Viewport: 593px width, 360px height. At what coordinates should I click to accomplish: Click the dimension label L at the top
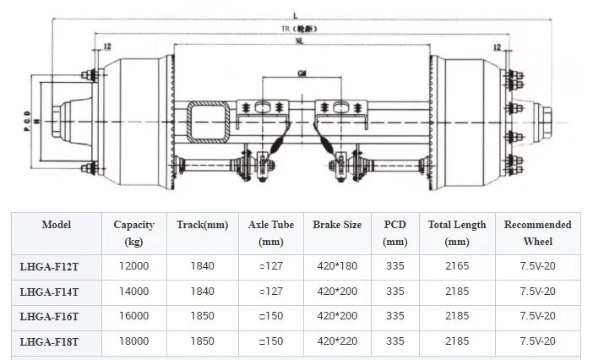[x=296, y=16]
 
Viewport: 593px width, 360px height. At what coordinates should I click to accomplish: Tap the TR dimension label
[x=286, y=29]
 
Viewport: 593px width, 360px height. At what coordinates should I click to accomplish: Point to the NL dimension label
[x=300, y=41]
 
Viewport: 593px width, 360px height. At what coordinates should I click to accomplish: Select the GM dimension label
[x=302, y=74]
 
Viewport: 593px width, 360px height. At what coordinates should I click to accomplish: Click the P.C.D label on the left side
[x=27, y=121]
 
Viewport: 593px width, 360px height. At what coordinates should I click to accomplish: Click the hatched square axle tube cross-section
[x=209, y=122]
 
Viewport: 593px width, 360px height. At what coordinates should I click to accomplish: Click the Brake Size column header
[x=337, y=225]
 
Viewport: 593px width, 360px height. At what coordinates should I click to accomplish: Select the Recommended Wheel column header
[x=537, y=233]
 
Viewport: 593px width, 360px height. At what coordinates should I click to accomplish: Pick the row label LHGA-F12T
[x=49, y=267]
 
